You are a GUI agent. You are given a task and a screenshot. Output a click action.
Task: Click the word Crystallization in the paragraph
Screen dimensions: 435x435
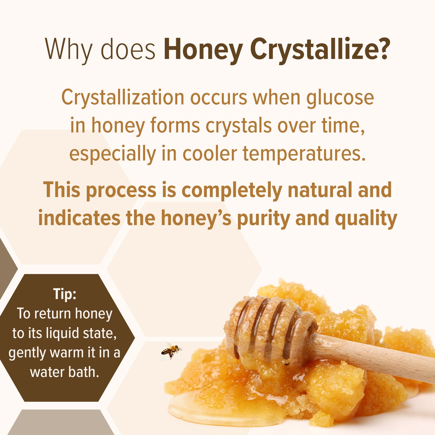(x=123, y=98)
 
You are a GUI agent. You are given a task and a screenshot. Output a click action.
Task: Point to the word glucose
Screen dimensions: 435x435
(x=340, y=98)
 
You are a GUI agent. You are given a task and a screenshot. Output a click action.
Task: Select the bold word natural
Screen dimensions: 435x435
(x=320, y=190)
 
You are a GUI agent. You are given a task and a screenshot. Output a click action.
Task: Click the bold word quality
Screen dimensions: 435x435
(x=366, y=218)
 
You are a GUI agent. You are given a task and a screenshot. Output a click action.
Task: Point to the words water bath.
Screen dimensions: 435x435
(x=64, y=372)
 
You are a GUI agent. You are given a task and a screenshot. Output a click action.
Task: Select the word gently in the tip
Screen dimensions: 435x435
(x=27, y=353)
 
